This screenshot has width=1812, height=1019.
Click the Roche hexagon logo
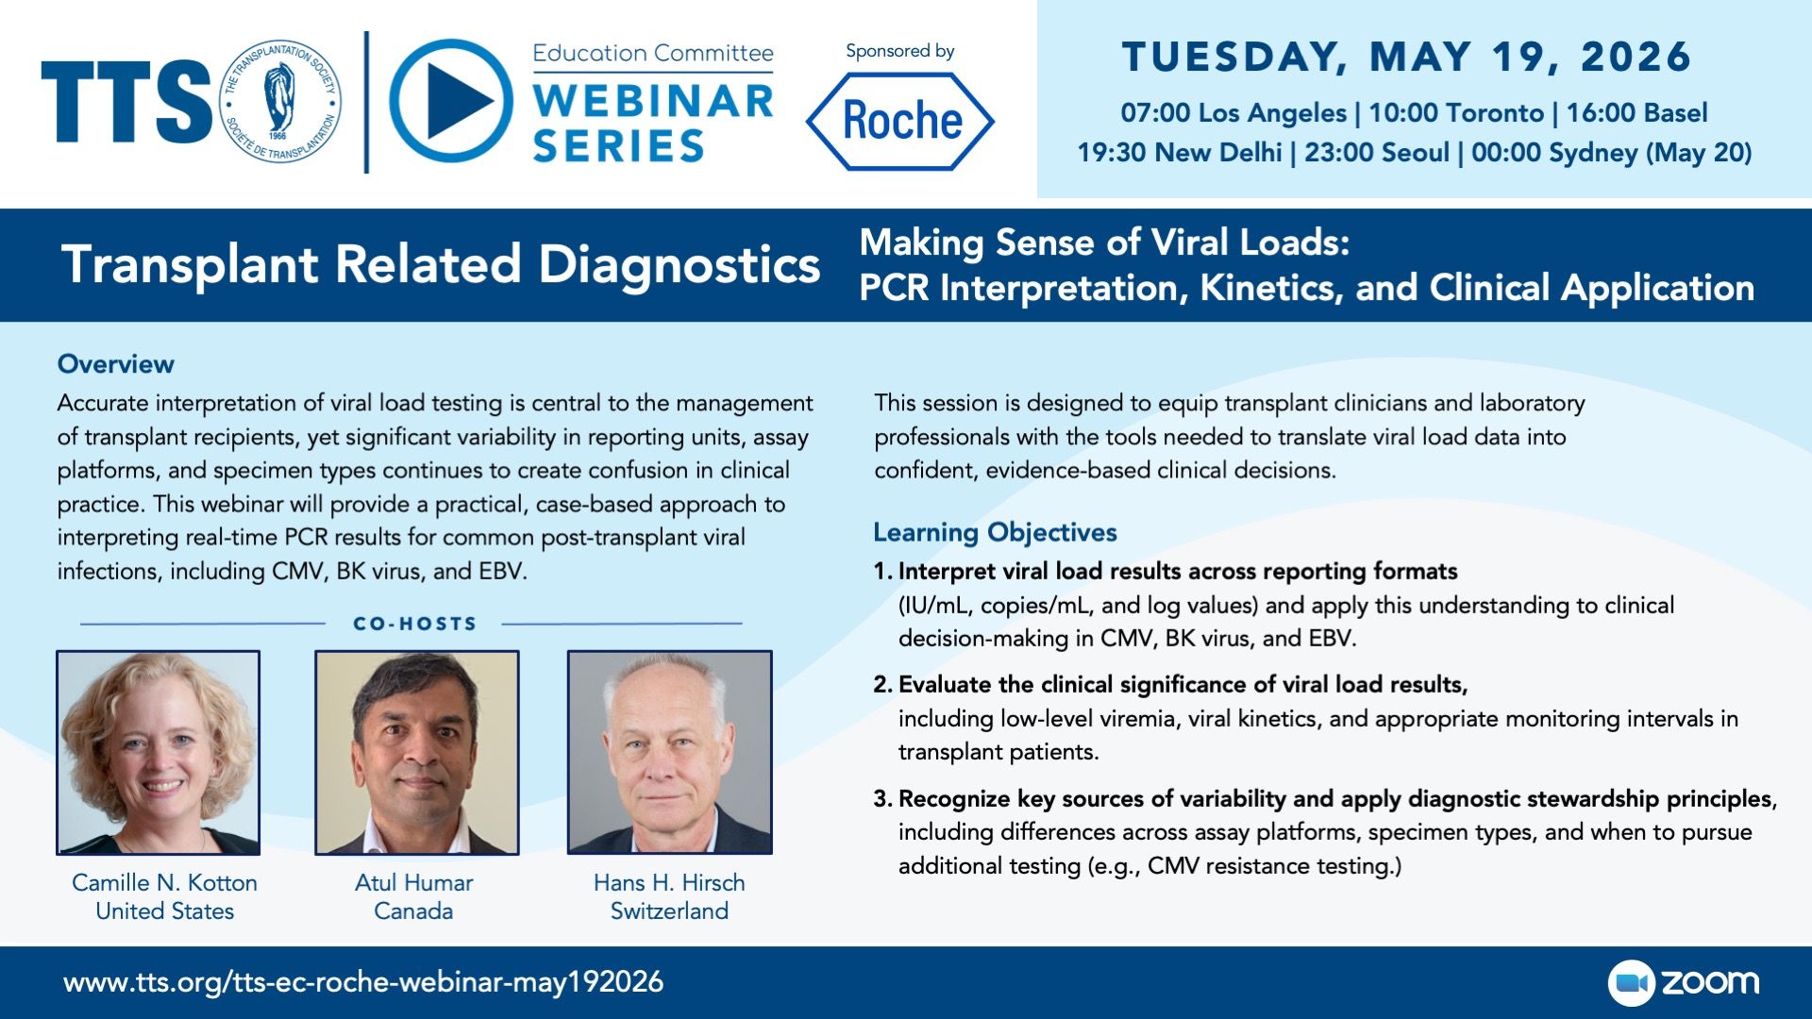pos(899,121)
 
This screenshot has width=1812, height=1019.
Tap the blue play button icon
pos(452,101)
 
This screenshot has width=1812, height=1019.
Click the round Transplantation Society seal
pos(279,101)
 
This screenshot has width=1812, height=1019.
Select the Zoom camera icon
pos(1632,983)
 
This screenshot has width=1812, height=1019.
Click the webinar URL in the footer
pos(363,982)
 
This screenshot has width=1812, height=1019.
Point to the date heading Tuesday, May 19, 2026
pos(1407,57)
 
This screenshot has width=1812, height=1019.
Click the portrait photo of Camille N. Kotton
pos(158,752)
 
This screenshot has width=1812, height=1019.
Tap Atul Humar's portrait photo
pos(416,752)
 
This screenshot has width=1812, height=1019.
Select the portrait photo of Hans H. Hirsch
pos(669,752)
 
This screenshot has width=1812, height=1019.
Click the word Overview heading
pos(115,364)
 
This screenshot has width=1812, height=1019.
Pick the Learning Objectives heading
pos(995,533)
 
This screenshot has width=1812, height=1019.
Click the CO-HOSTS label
pos(414,624)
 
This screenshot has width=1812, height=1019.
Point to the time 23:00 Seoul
pos(1377,153)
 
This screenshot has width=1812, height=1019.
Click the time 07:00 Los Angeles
pos(1233,113)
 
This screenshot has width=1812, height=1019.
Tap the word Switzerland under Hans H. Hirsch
pos(669,911)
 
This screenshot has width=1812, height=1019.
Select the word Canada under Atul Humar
pos(413,911)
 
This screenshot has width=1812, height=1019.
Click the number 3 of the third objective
pos(881,799)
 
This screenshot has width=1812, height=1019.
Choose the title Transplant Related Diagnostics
pos(441,264)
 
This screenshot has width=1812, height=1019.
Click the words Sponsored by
pos(899,52)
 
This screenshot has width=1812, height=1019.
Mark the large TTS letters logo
pos(126,102)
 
